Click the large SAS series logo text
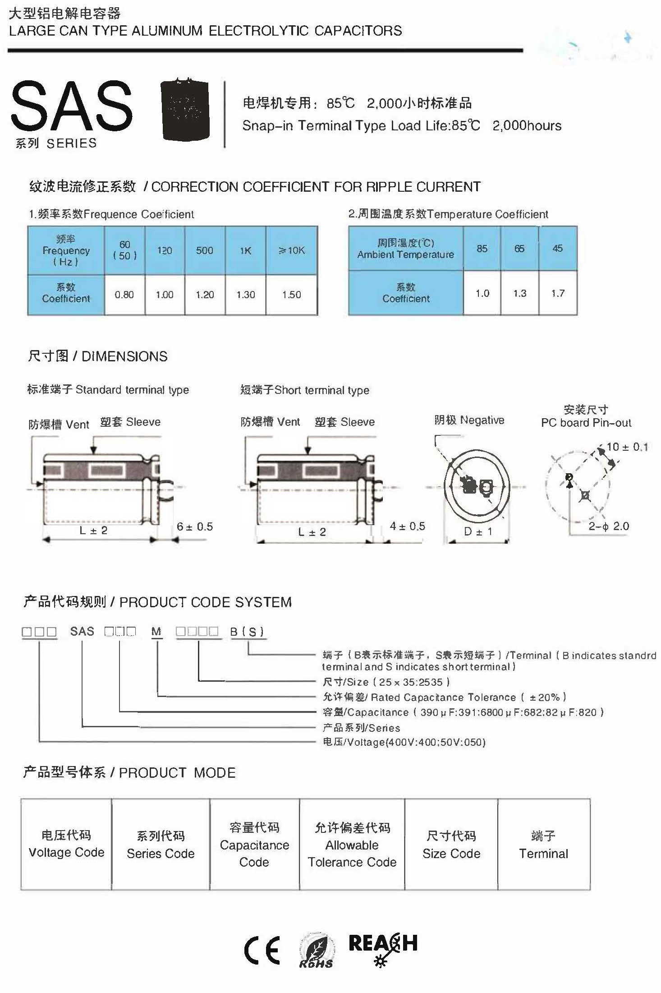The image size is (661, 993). coord(71,106)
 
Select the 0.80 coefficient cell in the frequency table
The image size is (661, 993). coord(124,295)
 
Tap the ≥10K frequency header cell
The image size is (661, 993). coord(292,250)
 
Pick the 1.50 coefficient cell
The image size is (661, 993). coord(292,295)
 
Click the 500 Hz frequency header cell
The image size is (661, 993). coord(204,250)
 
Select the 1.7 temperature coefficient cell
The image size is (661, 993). coord(558,293)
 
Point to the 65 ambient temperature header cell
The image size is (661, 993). coord(519,249)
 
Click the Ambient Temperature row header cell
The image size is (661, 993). coord(405,249)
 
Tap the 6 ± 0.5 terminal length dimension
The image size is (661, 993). coord(195,527)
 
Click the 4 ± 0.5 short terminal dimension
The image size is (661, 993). coord(407,526)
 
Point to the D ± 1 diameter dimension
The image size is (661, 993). coord(478,531)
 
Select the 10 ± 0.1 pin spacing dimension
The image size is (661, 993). coord(627,447)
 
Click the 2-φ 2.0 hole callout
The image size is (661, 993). coord(608,526)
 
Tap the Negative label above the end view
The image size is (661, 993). coord(469,420)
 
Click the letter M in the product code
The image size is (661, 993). coord(156,632)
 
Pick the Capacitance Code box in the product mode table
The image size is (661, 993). coord(254,845)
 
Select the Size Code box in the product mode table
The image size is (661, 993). coord(451,845)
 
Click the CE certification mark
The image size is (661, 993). coord(262,950)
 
